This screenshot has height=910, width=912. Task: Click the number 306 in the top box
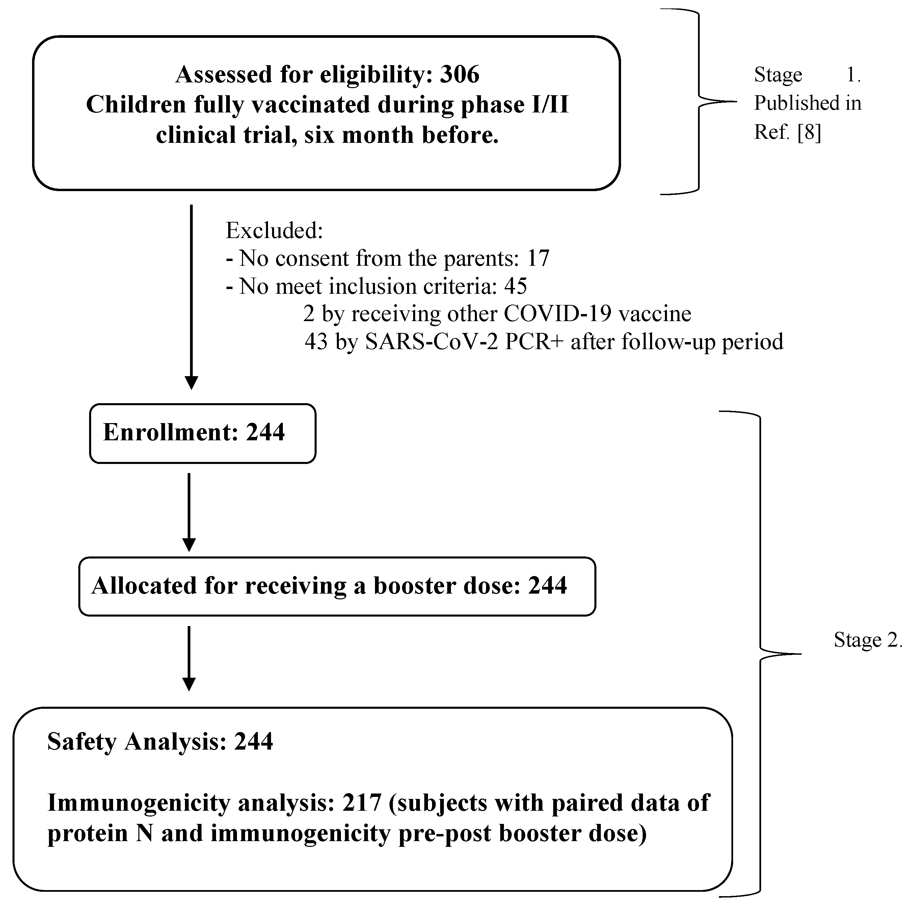459,75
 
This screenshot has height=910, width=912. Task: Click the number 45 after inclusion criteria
515,286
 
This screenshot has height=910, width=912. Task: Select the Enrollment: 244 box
203,433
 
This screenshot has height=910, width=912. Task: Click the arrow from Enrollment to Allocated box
189,512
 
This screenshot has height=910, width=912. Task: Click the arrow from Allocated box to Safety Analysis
189,658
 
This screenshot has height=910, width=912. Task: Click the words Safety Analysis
137,742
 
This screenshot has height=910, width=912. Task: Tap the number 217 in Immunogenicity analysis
361,803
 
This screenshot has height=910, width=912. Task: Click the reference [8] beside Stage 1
810,132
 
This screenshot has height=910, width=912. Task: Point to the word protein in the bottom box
87,833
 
